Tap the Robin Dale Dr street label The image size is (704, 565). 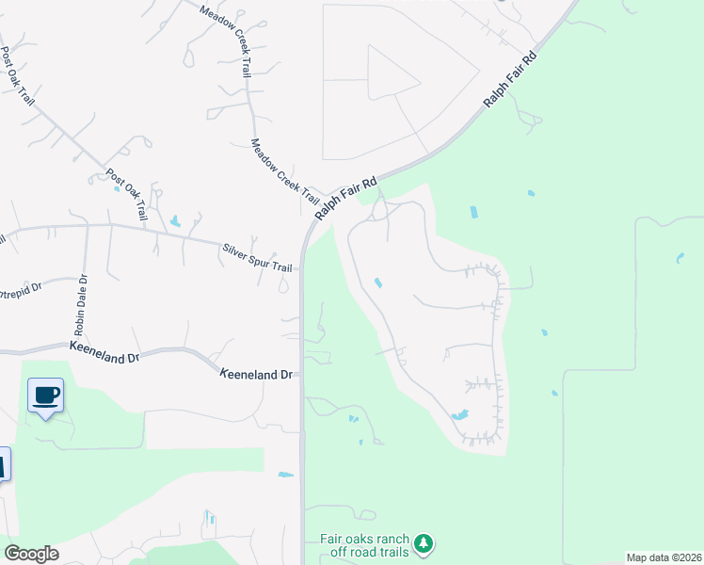pyautogui.click(x=80, y=305)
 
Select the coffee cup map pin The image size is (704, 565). pyautogui.click(x=44, y=395)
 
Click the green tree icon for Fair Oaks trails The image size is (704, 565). pyautogui.click(x=424, y=543)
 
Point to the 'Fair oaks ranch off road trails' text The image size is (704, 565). pyautogui.click(x=364, y=544)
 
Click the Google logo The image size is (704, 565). pyautogui.click(x=31, y=554)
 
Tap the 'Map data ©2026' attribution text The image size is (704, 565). pyautogui.click(x=664, y=557)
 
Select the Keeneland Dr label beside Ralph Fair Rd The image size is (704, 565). pyautogui.click(x=257, y=375)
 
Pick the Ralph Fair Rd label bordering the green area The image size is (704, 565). pyautogui.click(x=509, y=78)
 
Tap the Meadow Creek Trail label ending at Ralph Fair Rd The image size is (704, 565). pyautogui.click(x=284, y=171)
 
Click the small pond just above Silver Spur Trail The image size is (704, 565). pyautogui.click(x=175, y=222)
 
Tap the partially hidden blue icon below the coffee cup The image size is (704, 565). pyautogui.click(x=4, y=464)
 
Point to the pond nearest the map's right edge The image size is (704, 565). pyautogui.click(x=679, y=257)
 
